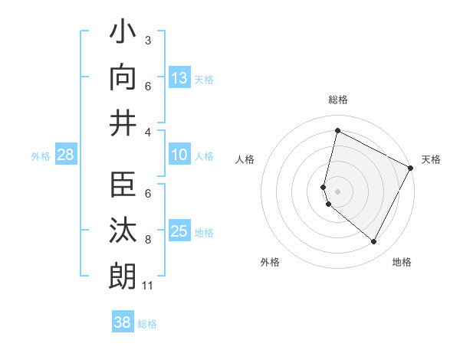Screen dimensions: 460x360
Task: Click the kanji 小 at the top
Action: pyautogui.click(x=123, y=34)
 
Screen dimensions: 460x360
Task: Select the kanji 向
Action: pyautogui.click(x=123, y=77)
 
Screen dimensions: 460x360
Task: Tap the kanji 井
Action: pyautogui.click(x=123, y=122)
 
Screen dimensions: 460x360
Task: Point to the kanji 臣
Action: pyautogui.click(x=123, y=187)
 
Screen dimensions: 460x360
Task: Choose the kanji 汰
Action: pyautogui.click(x=123, y=231)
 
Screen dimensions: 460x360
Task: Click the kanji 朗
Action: pyautogui.click(x=123, y=275)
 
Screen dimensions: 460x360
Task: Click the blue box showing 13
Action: pyautogui.click(x=179, y=77)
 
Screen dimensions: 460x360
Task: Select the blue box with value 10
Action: pyautogui.click(x=179, y=155)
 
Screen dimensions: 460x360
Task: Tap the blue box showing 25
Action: pyautogui.click(x=179, y=231)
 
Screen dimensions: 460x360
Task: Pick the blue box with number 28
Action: pyautogui.click(x=66, y=155)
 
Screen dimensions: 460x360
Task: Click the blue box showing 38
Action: pyautogui.click(x=123, y=322)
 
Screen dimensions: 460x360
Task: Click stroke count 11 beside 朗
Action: pyautogui.click(x=148, y=286)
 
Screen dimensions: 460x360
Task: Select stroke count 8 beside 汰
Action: pyautogui.click(x=148, y=241)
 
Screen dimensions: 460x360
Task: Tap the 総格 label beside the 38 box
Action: pyautogui.click(x=147, y=324)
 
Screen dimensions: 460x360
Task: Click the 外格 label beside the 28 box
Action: pyautogui.click(x=41, y=156)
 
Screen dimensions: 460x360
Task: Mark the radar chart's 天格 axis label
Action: pyautogui.click(x=431, y=159)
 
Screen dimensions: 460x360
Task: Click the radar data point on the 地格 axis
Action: pyautogui.click(x=373, y=242)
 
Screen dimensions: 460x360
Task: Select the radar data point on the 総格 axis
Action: pyautogui.click(x=337, y=130)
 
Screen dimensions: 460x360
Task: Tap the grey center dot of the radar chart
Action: pyautogui.click(x=337, y=191)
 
